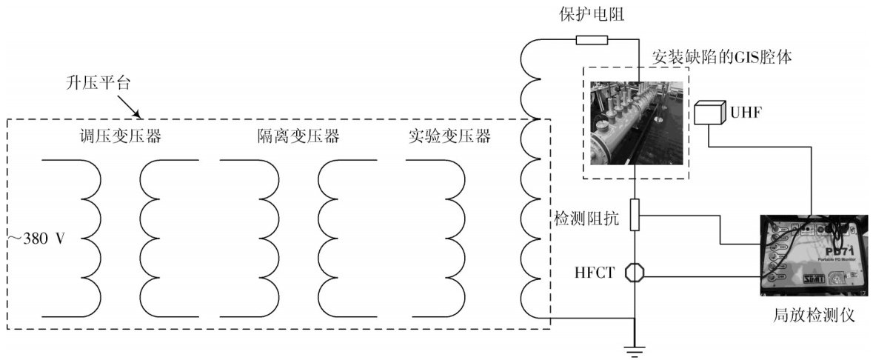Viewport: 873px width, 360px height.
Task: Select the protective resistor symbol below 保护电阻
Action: click(592, 40)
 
